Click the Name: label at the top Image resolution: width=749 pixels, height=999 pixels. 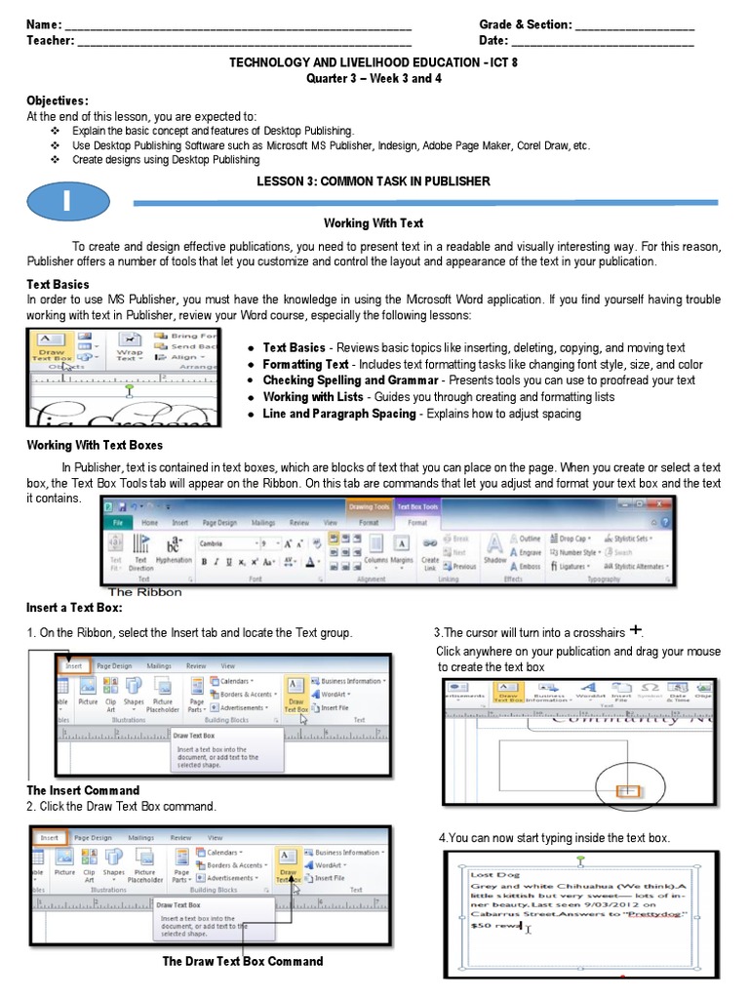[44, 24]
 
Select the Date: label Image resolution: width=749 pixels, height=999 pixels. [493, 41]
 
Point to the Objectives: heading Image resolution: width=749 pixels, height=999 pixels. [57, 100]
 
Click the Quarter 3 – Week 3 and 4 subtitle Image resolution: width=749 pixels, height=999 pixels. [374, 78]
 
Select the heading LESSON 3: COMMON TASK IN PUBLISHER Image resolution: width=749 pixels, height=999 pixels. [374, 181]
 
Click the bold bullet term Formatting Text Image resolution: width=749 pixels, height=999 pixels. [305, 364]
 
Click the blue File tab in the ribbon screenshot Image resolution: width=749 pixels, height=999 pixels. [118, 523]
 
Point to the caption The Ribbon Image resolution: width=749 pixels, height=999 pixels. [144, 592]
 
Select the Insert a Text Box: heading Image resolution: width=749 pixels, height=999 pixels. [74, 608]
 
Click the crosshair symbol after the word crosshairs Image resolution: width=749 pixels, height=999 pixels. [636, 629]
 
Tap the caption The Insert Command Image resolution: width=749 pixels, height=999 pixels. [83, 790]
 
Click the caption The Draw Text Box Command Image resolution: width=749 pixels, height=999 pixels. [243, 961]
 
